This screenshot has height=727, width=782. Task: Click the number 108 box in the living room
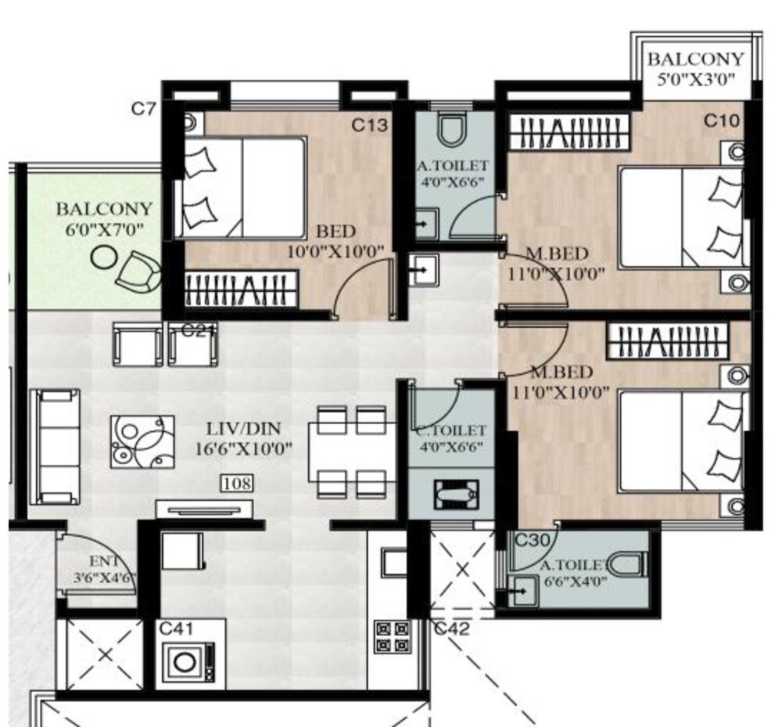pyautogui.click(x=237, y=484)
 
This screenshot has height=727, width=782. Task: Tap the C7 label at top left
pyautogui.click(x=144, y=109)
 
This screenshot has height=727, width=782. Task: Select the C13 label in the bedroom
pyautogui.click(x=369, y=124)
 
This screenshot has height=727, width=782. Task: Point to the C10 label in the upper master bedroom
pyautogui.click(x=721, y=121)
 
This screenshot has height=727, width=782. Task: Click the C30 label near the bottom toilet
pyautogui.click(x=532, y=539)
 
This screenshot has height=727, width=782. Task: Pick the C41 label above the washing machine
pyautogui.click(x=177, y=628)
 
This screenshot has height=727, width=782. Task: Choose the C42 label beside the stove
pyautogui.click(x=452, y=628)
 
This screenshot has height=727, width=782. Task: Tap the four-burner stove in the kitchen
pyautogui.click(x=393, y=636)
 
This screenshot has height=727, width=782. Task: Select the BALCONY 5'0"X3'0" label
pyautogui.click(x=695, y=68)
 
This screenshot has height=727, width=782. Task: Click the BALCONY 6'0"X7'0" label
pyautogui.click(x=105, y=219)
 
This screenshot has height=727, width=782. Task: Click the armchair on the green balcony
pyautogui.click(x=138, y=269)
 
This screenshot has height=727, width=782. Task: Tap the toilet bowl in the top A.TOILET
pyautogui.click(x=452, y=129)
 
